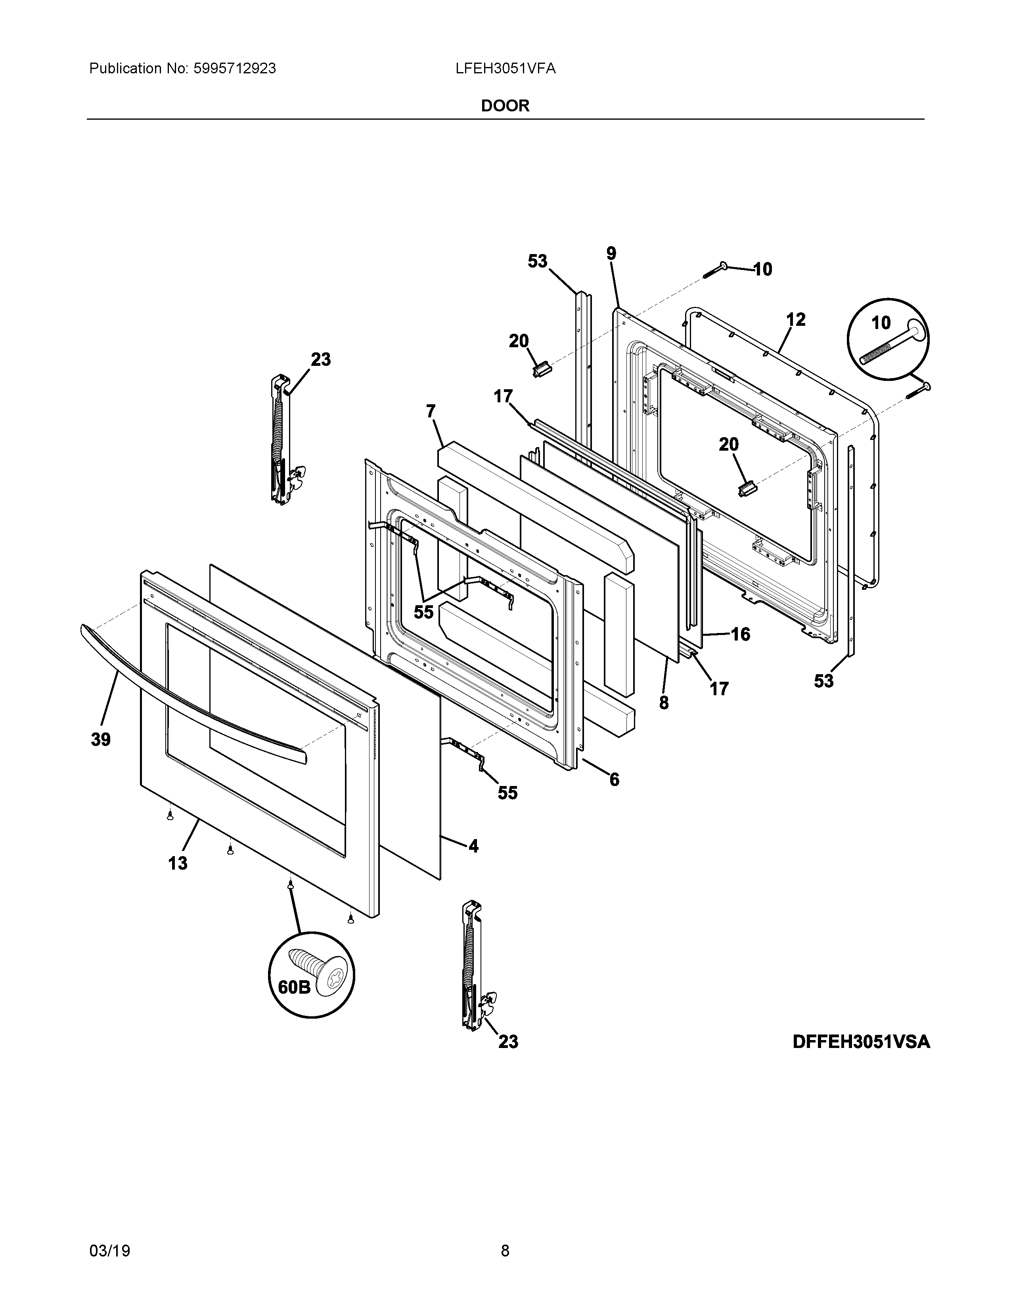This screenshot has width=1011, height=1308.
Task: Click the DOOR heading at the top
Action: coord(505,106)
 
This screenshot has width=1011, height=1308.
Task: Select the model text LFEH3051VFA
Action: coord(505,69)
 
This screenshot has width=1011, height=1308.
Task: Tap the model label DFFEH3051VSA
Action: coord(861,1042)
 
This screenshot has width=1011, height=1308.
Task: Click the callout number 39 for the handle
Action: coord(101,740)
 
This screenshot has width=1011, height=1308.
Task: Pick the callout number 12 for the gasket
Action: coord(795,320)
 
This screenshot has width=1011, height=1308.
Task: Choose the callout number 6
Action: coord(614,779)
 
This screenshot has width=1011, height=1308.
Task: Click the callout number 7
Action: coord(431,411)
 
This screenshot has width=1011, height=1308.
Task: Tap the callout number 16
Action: coord(740,634)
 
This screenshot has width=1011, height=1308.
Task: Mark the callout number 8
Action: coord(664,702)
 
